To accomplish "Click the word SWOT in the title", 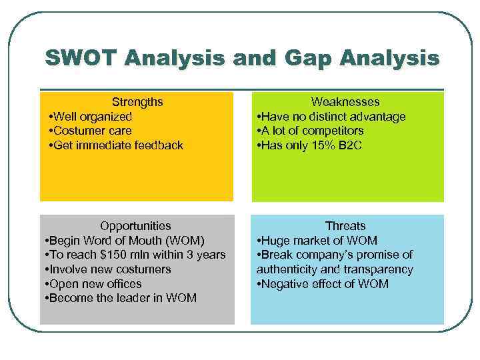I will point(79,58).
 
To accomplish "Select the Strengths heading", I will point(137,102).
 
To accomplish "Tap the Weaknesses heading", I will point(345,102).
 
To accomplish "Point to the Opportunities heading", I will point(135,226).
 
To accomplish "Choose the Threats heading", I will point(345,226).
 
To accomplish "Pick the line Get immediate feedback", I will point(117,145).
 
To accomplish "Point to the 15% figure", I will point(322,145).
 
